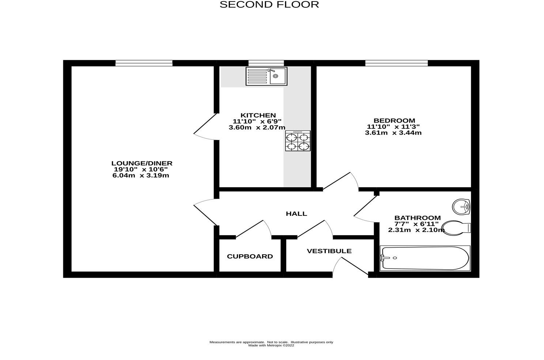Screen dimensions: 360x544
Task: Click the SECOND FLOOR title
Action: click(269, 4)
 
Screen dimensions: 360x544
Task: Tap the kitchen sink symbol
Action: click(266, 76)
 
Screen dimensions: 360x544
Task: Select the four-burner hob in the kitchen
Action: click(298, 141)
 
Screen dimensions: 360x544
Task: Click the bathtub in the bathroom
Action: click(425, 258)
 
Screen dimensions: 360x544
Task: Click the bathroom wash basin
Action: click(461, 207)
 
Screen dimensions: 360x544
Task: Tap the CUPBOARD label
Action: click(250, 256)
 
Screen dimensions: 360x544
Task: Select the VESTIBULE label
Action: click(329, 251)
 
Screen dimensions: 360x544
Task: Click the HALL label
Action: click(296, 214)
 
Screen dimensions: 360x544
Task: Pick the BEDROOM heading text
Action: click(394, 120)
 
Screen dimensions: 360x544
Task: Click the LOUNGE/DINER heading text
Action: click(142, 163)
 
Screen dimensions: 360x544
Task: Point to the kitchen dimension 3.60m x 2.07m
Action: click(257, 128)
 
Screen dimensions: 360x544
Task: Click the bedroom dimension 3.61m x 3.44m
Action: click(393, 133)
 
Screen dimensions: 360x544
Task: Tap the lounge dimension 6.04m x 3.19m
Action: click(141, 176)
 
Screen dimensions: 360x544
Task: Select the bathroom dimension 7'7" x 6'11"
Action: click(416, 224)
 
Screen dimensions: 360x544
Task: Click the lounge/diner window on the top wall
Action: click(144, 63)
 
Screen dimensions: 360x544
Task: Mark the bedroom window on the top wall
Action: click(396, 63)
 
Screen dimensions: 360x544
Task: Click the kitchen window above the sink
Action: click(266, 63)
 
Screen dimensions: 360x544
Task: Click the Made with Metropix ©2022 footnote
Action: click(271, 345)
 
